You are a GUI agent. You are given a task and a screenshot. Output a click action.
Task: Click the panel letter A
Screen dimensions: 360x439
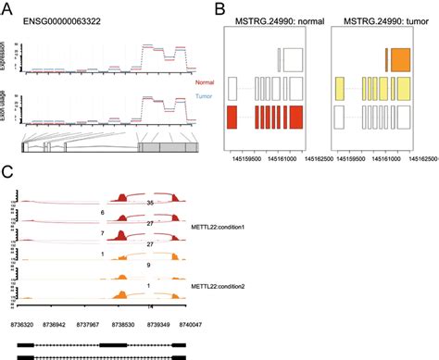[8, 9]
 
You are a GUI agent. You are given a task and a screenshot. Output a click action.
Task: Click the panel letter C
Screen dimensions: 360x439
[8, 172]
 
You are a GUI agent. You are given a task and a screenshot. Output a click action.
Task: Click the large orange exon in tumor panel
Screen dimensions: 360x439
[400, 60]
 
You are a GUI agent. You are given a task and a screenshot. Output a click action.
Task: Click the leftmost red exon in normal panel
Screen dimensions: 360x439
[232, 118]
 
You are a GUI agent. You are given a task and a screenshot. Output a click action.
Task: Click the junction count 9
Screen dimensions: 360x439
[149, 265]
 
